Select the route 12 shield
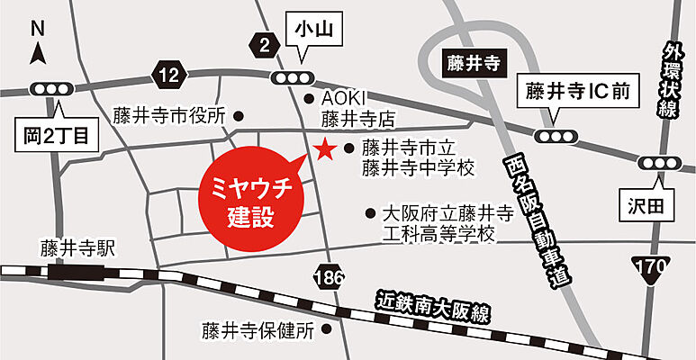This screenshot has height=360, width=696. (167, 76)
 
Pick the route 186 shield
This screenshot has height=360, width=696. (330, 278)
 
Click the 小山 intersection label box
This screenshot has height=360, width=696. (312, 31)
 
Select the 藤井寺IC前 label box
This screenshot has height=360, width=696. (576, 92)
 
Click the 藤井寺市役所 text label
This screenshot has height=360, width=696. (168, 116)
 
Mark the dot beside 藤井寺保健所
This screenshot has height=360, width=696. (327, 330)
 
